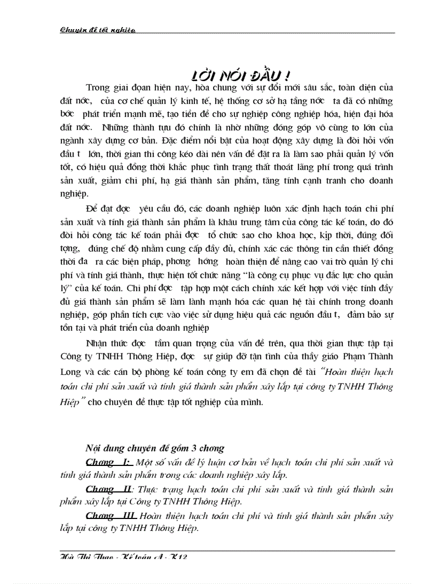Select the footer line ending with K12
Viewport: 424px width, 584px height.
click(x=124, y=556)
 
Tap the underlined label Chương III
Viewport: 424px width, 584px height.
click(x=111, y=516)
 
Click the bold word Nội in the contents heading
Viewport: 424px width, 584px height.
click(x=94, y=448)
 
